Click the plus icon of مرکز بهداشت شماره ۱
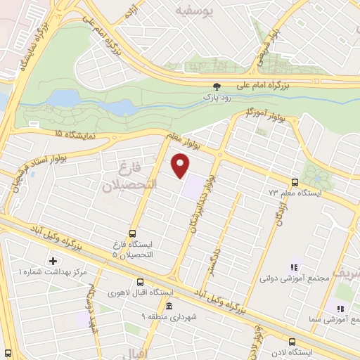[53, 260]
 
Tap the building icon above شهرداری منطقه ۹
[168, 306]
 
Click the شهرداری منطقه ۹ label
[168, 316]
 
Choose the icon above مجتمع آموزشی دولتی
[294, 267]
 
